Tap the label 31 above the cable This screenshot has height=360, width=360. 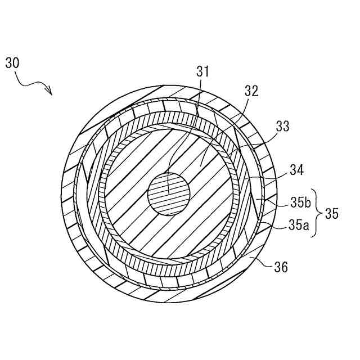(202, 71)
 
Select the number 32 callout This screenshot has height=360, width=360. (251, 92)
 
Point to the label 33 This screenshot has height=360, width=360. (282, 127)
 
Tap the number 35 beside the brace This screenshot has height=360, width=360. (332, 214)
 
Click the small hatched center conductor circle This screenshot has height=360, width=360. (169, 194)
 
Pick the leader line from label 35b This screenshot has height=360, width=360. (276, 200)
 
